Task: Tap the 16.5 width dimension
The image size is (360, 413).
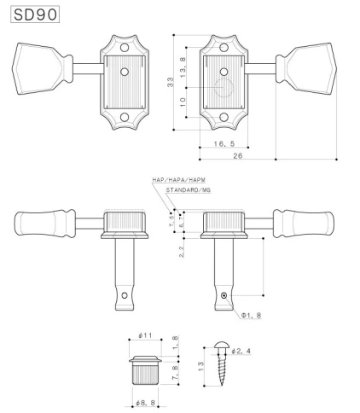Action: pyautogui.click(x=224, y=145)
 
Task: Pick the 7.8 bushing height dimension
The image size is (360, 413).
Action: pyautogui.click(x=174, y=372)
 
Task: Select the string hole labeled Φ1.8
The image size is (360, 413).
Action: pyautogui.click(x=224, y=295)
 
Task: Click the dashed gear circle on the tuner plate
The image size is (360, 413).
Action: pyautogui.click(x=224, y=89)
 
